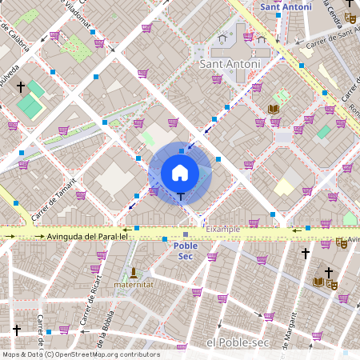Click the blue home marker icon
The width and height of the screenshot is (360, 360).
point(180,173)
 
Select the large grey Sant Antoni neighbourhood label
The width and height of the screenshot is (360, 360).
point(230,64)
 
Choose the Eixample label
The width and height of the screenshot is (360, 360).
point(223,229)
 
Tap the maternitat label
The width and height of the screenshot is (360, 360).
point(133,284)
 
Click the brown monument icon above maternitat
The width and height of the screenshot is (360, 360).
point(133,272)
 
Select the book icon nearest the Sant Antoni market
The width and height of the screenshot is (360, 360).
point(274,109)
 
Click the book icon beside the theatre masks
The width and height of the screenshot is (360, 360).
point(318,281)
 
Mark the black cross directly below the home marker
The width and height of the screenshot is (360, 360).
point(181,196)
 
